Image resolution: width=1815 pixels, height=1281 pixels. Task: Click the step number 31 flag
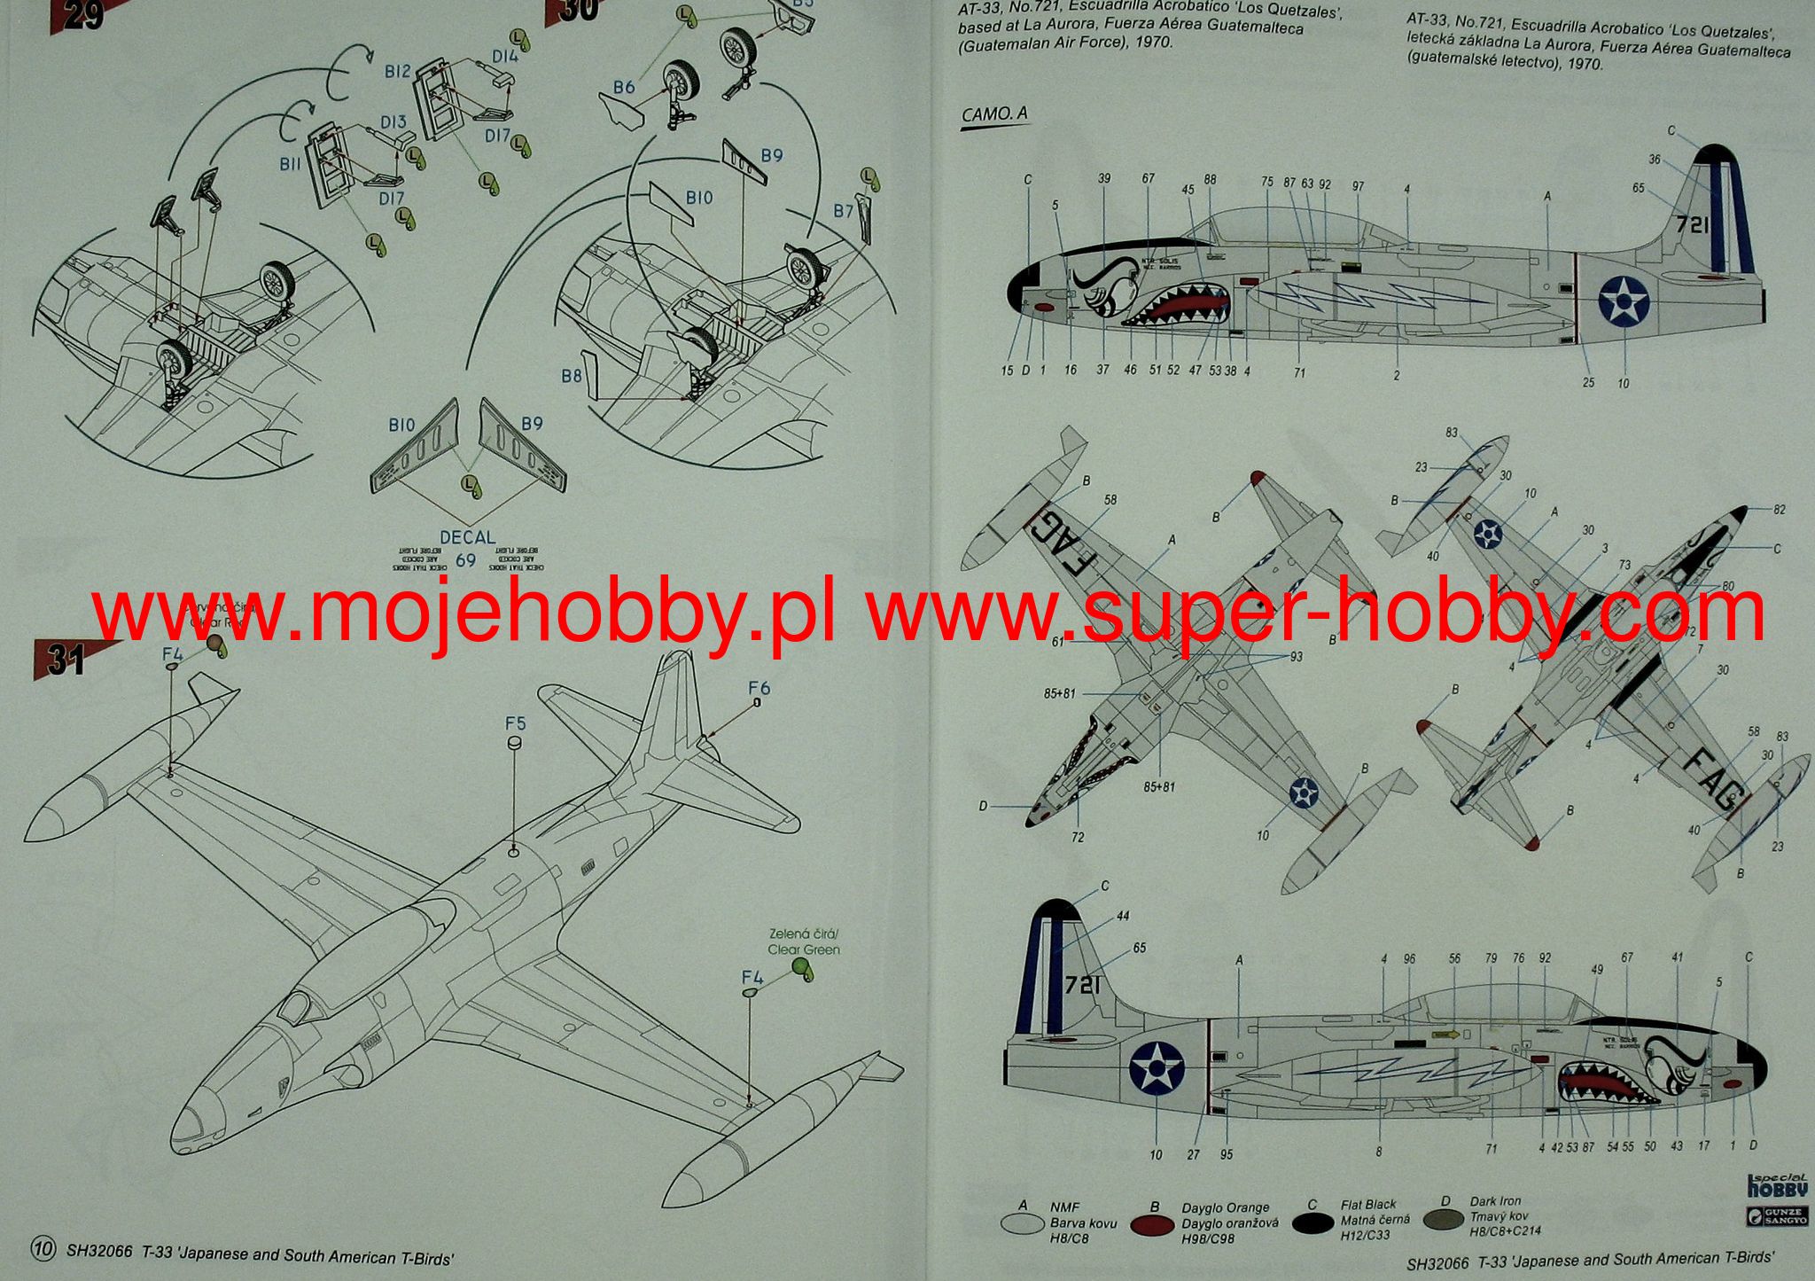click(62, 660)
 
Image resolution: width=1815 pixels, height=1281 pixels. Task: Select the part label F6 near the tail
click(759, 688)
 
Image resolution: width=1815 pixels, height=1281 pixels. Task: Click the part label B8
click(572, 376)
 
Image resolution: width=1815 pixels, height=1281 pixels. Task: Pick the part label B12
click(397, 71)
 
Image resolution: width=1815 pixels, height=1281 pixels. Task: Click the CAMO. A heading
click(994, 114)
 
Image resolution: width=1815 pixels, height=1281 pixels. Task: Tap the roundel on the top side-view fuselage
click(1621, 302)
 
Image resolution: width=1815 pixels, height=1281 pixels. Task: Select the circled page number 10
click(43, 1251)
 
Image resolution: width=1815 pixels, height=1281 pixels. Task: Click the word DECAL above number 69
click(467, 537)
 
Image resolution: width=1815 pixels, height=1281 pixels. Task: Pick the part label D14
click(505, 57)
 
